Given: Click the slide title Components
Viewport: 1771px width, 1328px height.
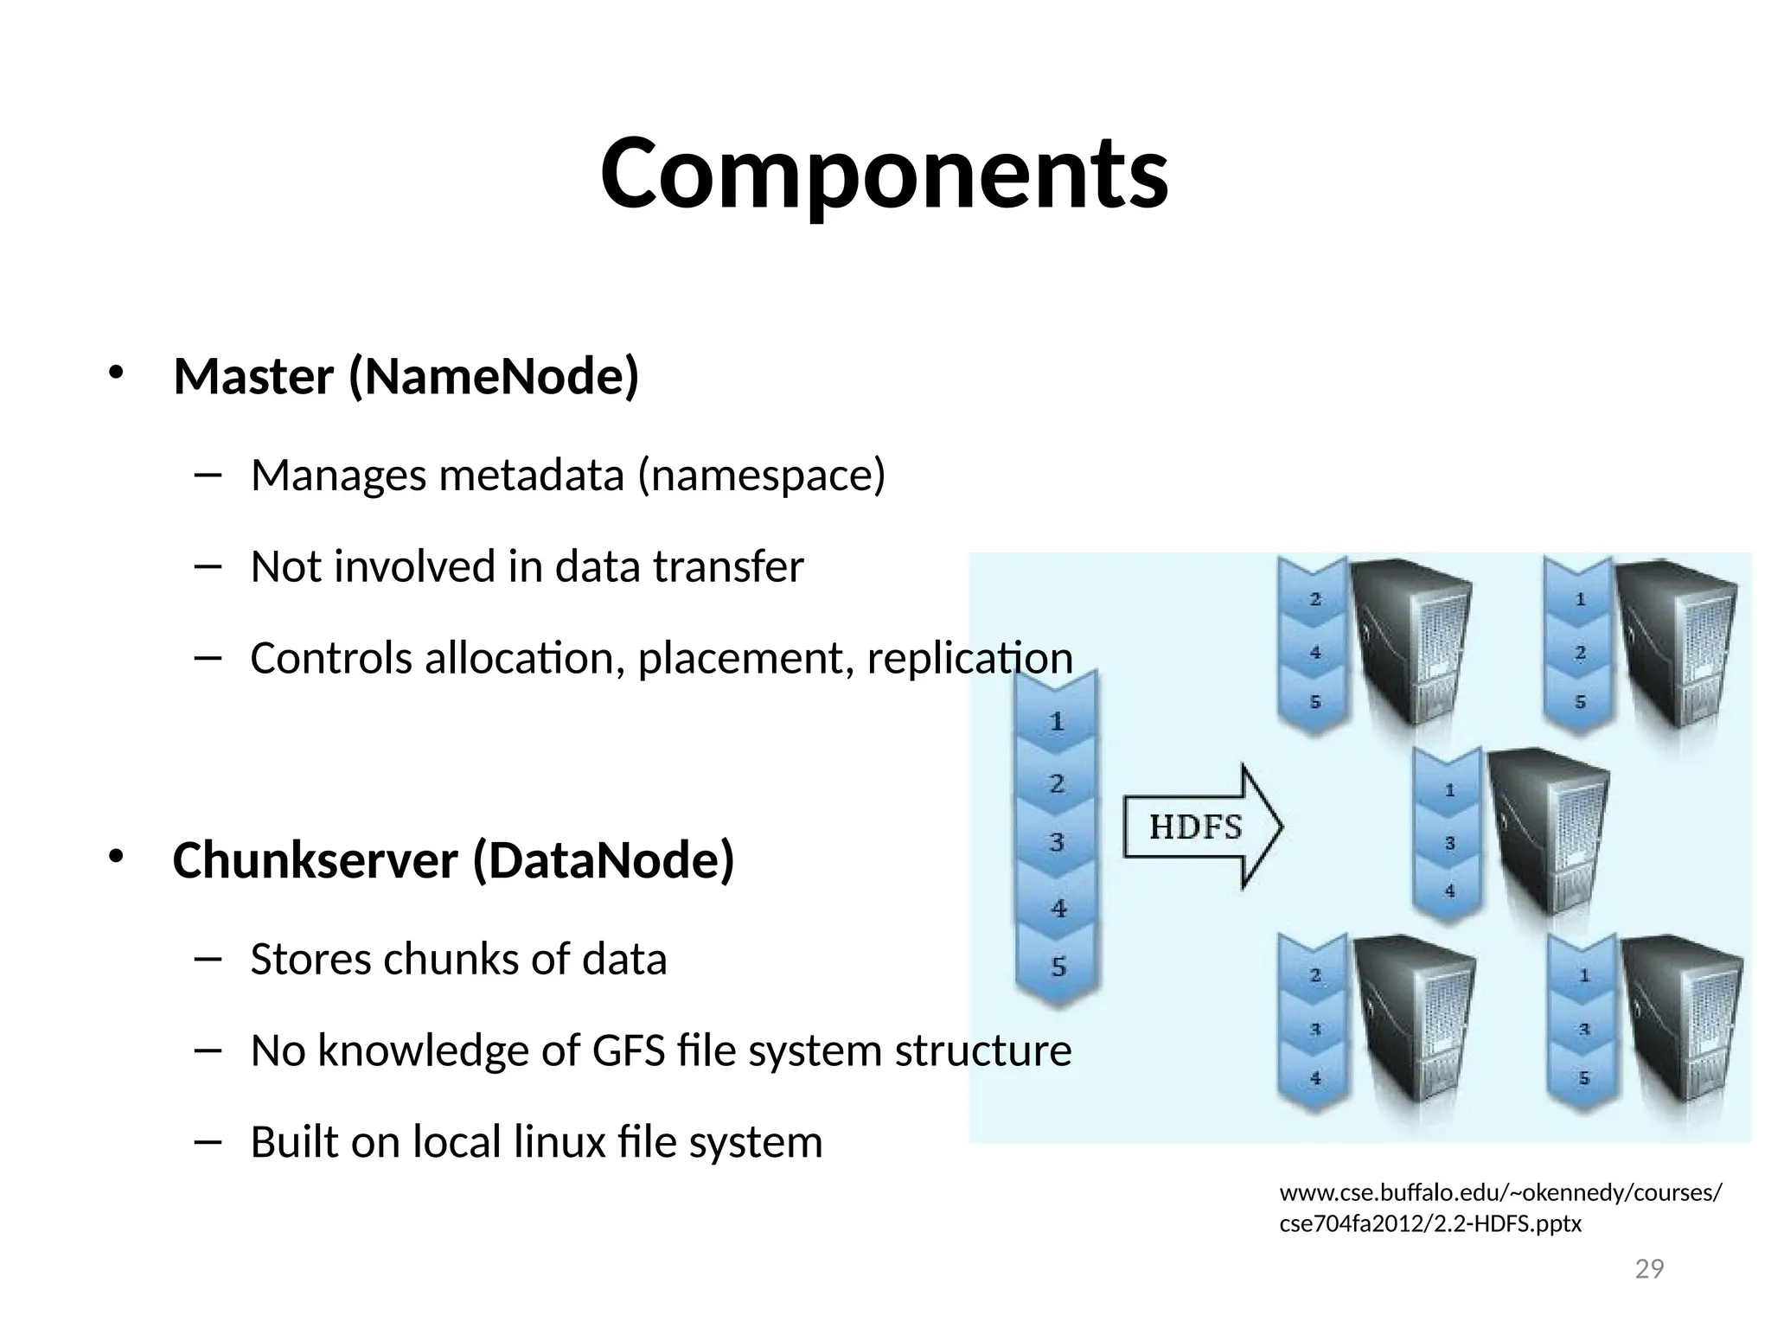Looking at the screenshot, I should tap(884, 175).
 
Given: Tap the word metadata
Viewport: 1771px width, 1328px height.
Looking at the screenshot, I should tap(532, 475).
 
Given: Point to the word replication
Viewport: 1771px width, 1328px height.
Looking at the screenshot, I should tap(969, 658).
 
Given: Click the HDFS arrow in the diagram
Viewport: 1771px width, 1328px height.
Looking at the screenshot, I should tap(1202, 827).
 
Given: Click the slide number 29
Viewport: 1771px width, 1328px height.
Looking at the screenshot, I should tap(1649, 1269).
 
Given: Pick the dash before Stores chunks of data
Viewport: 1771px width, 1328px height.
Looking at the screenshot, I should tap(208, 958).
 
